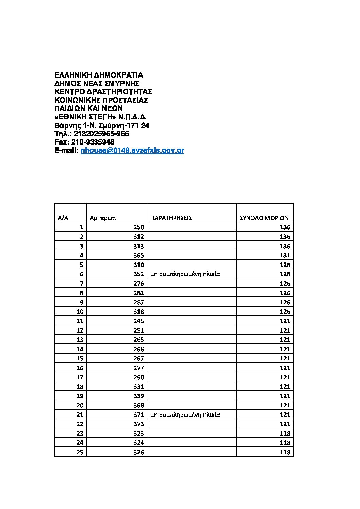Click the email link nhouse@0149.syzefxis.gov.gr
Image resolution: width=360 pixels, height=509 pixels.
click(x=132, y=151)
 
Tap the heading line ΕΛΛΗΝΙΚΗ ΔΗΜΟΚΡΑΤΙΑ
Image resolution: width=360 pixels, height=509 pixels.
click(x=99, y=75)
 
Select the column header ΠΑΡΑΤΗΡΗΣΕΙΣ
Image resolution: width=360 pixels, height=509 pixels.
click(x=171, y=218)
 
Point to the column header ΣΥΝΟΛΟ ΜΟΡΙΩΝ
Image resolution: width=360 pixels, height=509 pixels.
click(x=264, y=218)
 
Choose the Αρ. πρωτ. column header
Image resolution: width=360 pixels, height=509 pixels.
click(x=102, y=218)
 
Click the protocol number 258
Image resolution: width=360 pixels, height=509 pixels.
click(x=138, y=227)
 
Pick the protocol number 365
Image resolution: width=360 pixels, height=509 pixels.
click(x=138, y=255)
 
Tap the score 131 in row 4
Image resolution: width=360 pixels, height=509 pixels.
click(x=285, y=255)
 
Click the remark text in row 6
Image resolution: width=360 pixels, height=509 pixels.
click(x=185, y=274)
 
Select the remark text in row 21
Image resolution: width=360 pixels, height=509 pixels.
click(x=185, y=415)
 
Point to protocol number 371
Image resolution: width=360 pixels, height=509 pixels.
click(x=138, y=415)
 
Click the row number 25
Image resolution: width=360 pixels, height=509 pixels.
click(x=80, y=452)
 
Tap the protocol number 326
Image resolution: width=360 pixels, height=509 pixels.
click(x=138, y=452)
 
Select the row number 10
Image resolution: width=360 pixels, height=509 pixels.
click(x=80, y=312)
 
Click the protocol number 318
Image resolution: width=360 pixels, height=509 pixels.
click(x=138, y=312)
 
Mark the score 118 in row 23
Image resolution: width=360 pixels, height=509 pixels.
click(x=285, y=434)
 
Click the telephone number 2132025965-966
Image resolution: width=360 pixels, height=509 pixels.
click(x=101, y=134)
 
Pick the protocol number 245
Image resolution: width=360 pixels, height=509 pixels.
click(x=138, y=321)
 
